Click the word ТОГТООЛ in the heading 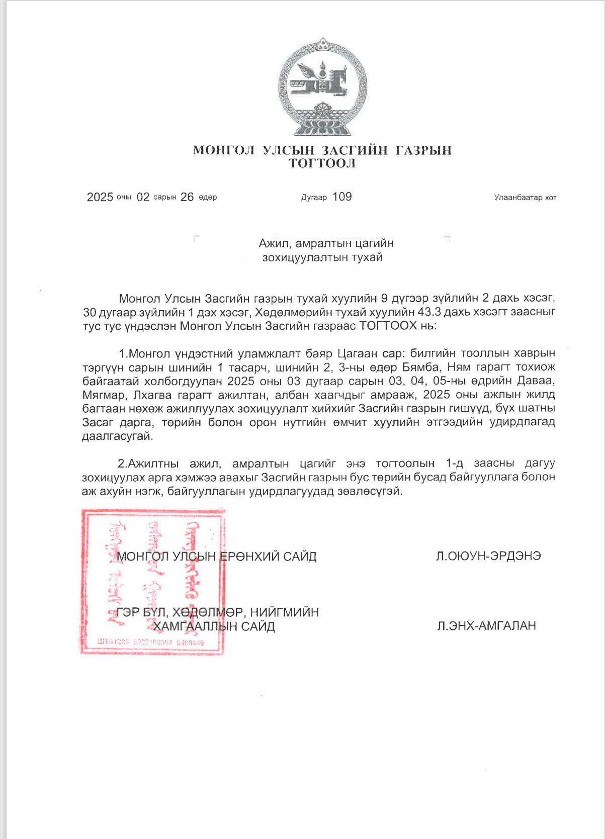pos(322,163)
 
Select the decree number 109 pos(342,197)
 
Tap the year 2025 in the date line pos(100,197)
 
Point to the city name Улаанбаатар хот pos(525,198)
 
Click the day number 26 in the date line pos(187,197)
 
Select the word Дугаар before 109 pos(314,198)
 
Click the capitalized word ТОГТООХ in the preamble pos(388,325)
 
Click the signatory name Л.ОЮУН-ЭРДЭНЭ pos(488,556)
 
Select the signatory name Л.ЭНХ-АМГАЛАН pos(486,626)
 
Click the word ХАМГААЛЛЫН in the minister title pos(195,626)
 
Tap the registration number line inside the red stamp pos(150,642)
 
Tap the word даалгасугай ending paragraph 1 pos(117,436)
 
